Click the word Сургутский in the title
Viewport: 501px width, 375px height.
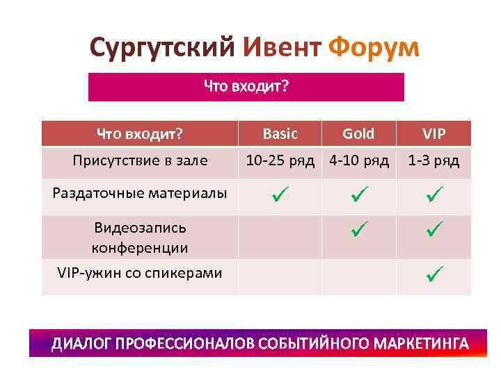click(x=164, y=48)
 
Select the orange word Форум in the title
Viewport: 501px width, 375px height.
click(x=373, y=48)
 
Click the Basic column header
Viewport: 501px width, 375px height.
click(x=280, y=133)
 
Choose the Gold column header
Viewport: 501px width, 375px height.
click(x=358, y=133)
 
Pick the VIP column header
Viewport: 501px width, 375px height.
click(x=434, y=133)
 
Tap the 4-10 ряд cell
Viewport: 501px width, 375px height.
click(x=359, y=161)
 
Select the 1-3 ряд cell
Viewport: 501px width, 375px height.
click(x=434, y=161)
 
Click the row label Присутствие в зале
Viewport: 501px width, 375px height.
click(x=140, y=161)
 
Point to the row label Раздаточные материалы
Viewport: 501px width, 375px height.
click(x=140, y=193)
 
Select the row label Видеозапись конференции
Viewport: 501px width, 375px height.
click(x=140, y=237)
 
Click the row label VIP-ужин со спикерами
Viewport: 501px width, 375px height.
click(x=140, y=273)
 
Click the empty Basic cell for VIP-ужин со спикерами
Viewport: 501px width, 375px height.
click(x=280, y=276)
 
